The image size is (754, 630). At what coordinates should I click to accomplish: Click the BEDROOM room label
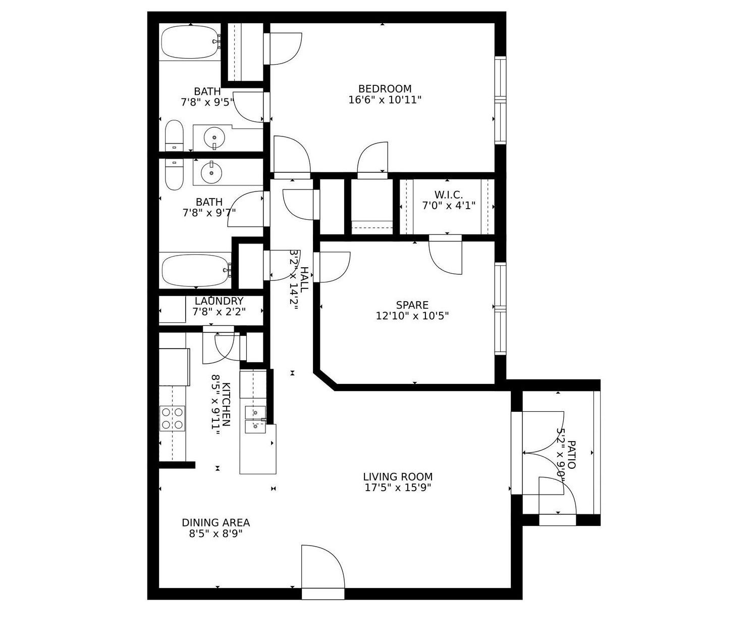tap(385, 89)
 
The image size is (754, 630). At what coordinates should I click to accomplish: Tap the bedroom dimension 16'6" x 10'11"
tap(385, 100)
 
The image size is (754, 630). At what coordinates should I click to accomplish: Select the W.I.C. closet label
tap(448, 195)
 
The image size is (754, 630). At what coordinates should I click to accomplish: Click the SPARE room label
tap(412, 305)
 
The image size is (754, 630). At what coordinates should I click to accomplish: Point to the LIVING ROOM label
tap(398, 476)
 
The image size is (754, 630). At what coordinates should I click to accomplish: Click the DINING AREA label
tap(216, 522)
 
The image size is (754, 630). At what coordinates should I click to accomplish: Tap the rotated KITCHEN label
tap(227, 404)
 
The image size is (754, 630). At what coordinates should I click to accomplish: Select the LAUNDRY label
tap(219, 301)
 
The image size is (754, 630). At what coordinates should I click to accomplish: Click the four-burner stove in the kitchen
tap(172, 418)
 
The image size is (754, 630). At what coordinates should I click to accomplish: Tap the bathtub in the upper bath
tap(189, 42)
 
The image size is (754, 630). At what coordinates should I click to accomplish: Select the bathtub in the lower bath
tap(195, 270)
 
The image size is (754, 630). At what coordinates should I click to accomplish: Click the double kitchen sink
tap(255, 419)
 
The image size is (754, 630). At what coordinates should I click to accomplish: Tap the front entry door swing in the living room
tap(322, 567)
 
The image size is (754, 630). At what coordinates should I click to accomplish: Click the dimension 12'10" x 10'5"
tap(412, 316)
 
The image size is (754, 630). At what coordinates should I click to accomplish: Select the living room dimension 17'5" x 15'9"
tap(398, 488)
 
